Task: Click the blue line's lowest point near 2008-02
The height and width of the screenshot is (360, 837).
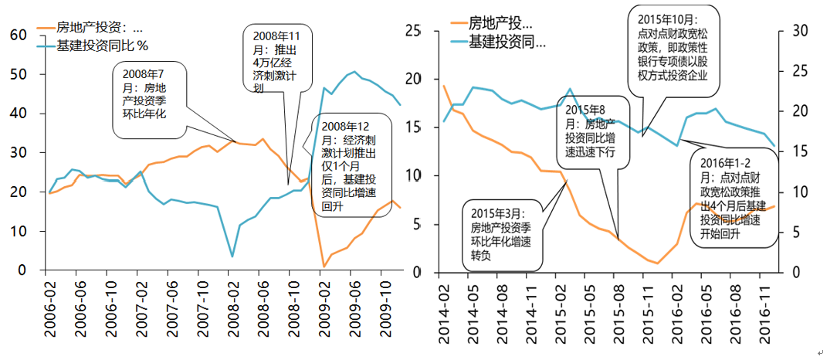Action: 232,256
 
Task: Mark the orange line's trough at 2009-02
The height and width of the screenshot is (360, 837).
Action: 324,267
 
